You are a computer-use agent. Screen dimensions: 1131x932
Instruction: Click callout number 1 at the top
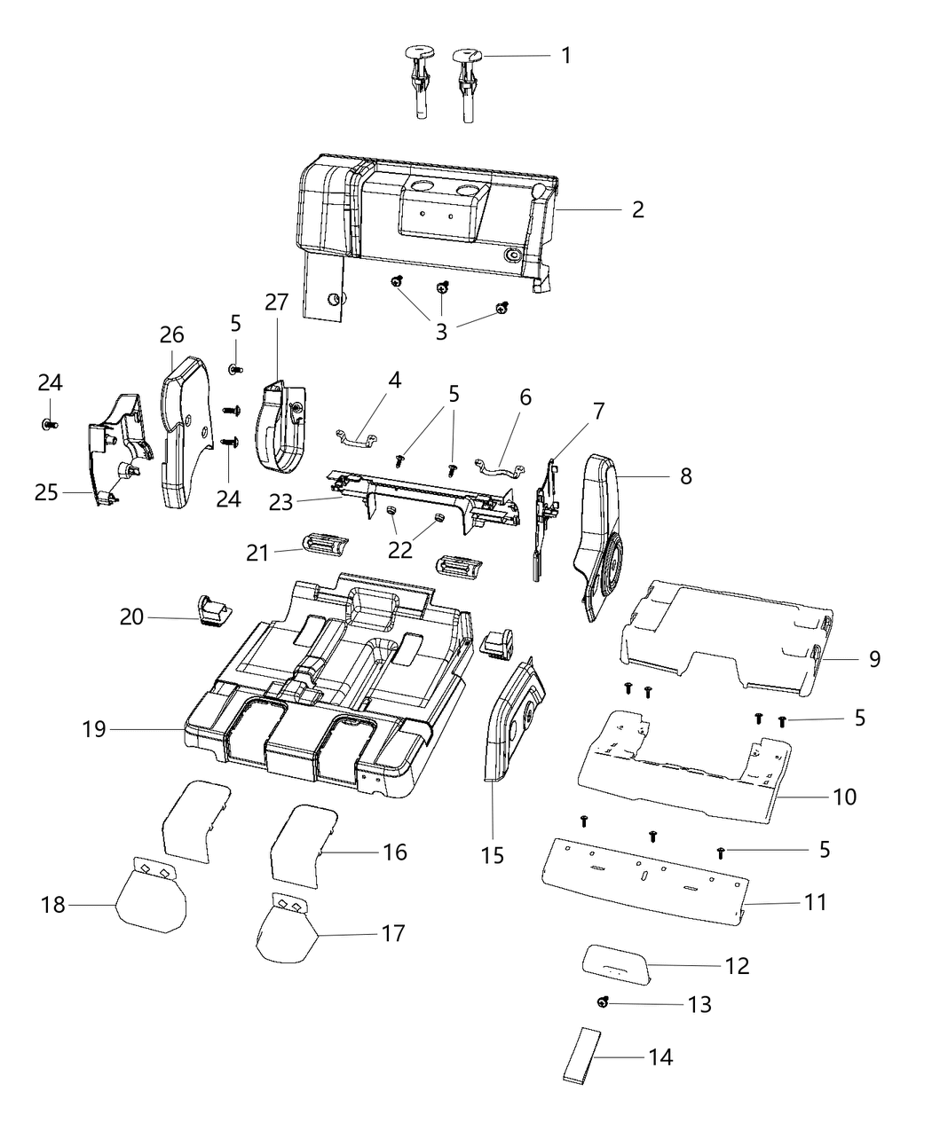click(x=565, y=55)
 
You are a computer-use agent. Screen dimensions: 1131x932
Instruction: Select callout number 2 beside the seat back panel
click(x=637, y=210)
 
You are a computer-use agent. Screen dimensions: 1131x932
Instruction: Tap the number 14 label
click(x=660, y=1056)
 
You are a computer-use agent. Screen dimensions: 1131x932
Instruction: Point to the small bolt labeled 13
click(x=604, y=1001)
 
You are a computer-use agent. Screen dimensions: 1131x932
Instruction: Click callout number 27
click(x=276, y=302)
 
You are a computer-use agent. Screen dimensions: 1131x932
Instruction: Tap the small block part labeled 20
click(x=211, y=610)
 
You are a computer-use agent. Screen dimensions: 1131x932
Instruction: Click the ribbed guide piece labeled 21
click(x=323, y=546)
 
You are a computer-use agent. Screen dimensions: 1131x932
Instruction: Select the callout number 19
click(x=94, y=729)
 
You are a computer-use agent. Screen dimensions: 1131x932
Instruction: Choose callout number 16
click(x=394, y=852)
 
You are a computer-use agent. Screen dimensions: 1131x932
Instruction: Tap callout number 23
click(x=280, y=501)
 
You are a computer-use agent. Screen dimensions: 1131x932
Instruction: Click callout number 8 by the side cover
click(x=685, y=475)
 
